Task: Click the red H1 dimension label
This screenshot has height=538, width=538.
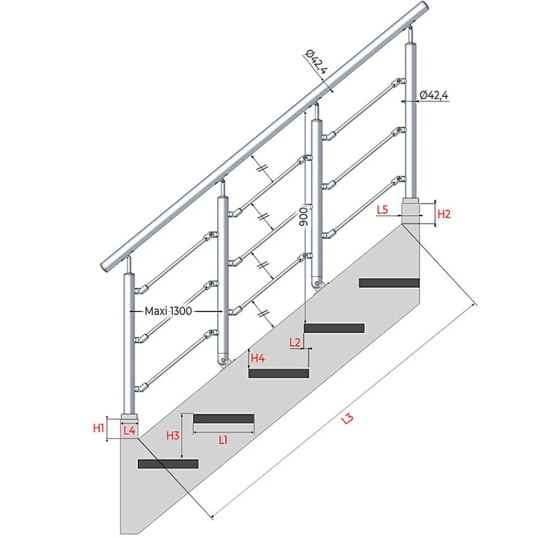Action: pyautogui.click(x=98, y=428)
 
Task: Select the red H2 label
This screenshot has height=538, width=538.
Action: pyautogui.click(x=444, y=214)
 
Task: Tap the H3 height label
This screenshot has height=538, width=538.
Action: pyautogui.click(x=173, y=435)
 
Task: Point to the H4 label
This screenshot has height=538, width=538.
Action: pyautogui.click(x=258, y=358)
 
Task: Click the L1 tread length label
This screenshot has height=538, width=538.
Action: pyautogui.click(x=223, y=440)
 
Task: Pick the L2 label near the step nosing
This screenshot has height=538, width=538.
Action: pyautogui.click(x=295, y=342)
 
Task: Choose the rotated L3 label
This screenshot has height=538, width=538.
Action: pyautogui.click(x=347, y=419)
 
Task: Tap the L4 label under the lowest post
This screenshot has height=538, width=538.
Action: pyautogui.click(x=129, y=430)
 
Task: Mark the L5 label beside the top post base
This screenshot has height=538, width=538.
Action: pyautogui.click(x=382, y=210)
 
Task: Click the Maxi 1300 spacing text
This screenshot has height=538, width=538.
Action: pyautogui.click(x=168, y=311)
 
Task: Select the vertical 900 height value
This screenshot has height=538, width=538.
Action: pyautogui.click(x=303, y=216)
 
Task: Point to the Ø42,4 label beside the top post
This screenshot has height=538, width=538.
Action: pyautogui.click(x=434, y=95)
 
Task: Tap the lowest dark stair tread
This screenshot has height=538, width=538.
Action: pyautogui.click(x=168, y=464)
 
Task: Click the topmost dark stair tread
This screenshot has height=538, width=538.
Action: pyautogui.click(x=389, y=283)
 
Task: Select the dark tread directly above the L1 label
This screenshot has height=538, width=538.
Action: pyautogui.click(x=224, y=419)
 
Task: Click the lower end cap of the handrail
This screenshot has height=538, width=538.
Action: pyautogui.click(x=105, y=267)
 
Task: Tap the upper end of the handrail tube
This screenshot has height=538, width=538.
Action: pyautogui.click(x=425, y=6)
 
